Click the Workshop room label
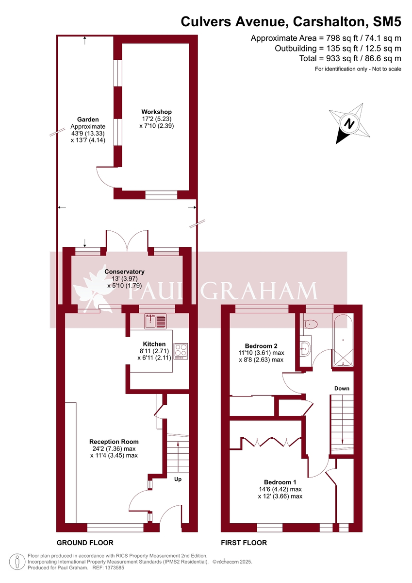156,112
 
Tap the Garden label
88,120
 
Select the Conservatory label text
124,272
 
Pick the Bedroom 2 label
261,345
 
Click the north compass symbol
349,123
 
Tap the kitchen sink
155,320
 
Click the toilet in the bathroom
310,324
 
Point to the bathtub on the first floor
343,340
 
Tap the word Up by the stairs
178,479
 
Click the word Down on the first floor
342,389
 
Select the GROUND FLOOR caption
85,543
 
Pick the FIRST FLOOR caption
244,543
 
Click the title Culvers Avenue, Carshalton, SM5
291,22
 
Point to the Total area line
350,58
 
